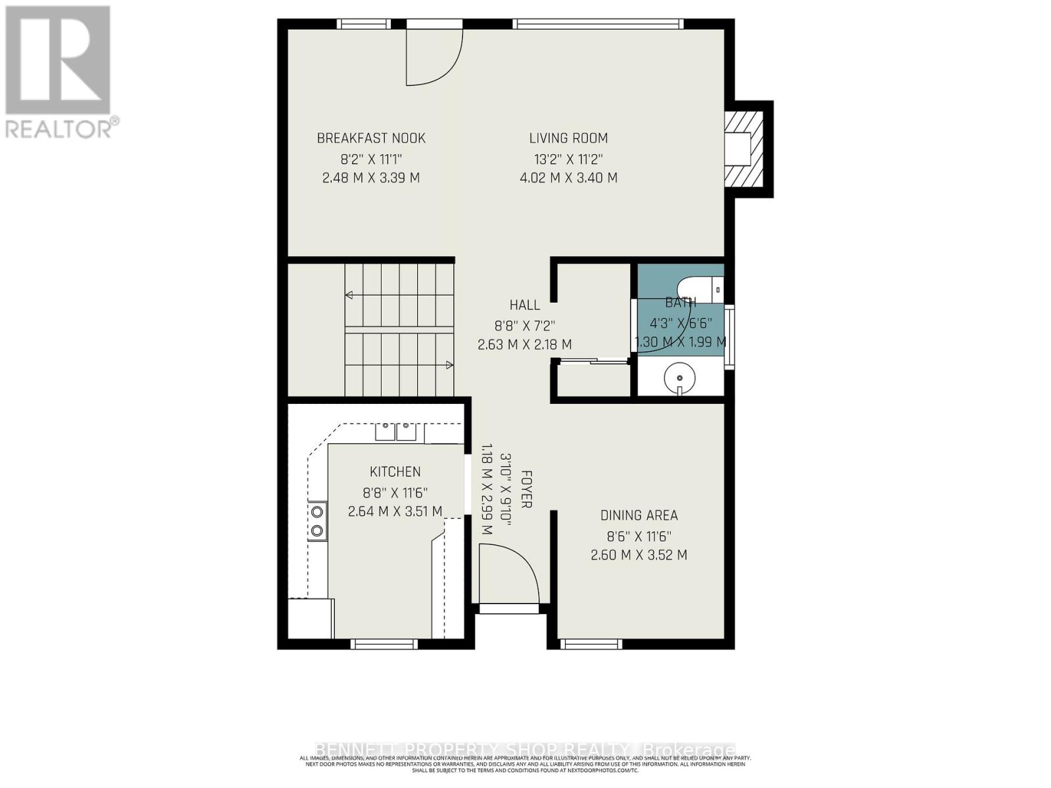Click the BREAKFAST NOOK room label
tap(371, 138)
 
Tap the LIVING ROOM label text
tap(568, 138)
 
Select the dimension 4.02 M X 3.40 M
tap(568, 178)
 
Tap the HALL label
tap(525, 305)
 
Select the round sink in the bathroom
tap(679, 378)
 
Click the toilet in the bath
tap(700, 288)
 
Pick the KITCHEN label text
tap(395, 471)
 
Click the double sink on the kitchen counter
tap(396, 432)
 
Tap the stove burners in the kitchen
tap(317, 520)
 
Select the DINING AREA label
tap(638, 515)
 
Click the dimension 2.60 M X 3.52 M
tap(638, 555)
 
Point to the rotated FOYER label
tap(526, 489)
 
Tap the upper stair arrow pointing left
tap(349, 295)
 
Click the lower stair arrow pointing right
tap(449, 364)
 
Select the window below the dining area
tap(593, 644)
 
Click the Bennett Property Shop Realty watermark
tap(525, 750)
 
